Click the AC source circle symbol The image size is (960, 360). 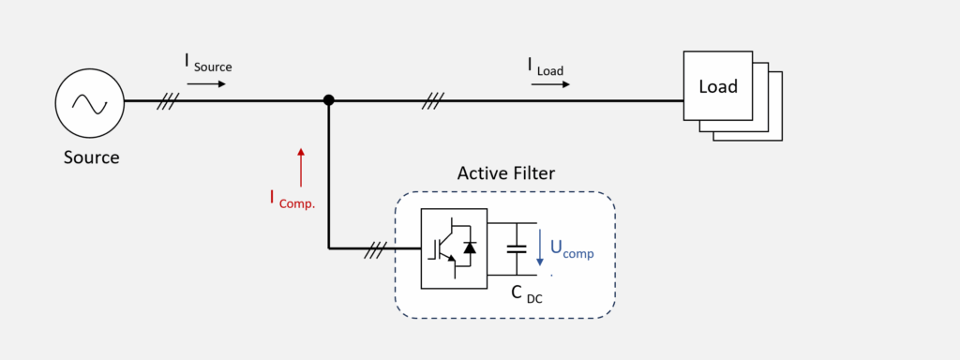(90, 103)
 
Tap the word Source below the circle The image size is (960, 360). (91, 157)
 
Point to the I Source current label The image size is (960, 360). (208, 64)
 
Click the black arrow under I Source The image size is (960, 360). (206, 83)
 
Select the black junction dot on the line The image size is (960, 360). (329, 99)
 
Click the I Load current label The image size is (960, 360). (547, 67)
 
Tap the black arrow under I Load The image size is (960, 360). (550, 83)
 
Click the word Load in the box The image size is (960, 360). (718, 86)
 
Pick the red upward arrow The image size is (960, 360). (301, 167)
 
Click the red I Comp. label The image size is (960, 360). (292, 200)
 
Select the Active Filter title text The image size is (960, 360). (505, 173)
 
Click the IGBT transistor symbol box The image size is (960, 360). (454, 247)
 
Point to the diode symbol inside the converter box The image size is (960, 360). (470, 247)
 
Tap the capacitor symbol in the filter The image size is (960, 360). (517, 248)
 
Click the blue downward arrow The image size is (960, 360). (539, 247)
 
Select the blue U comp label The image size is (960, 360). (572, 247)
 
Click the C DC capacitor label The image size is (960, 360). (527, 294)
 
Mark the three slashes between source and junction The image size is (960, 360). (167, 101)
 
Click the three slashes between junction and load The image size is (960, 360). (432, 101)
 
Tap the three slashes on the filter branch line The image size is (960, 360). (375, 249)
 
